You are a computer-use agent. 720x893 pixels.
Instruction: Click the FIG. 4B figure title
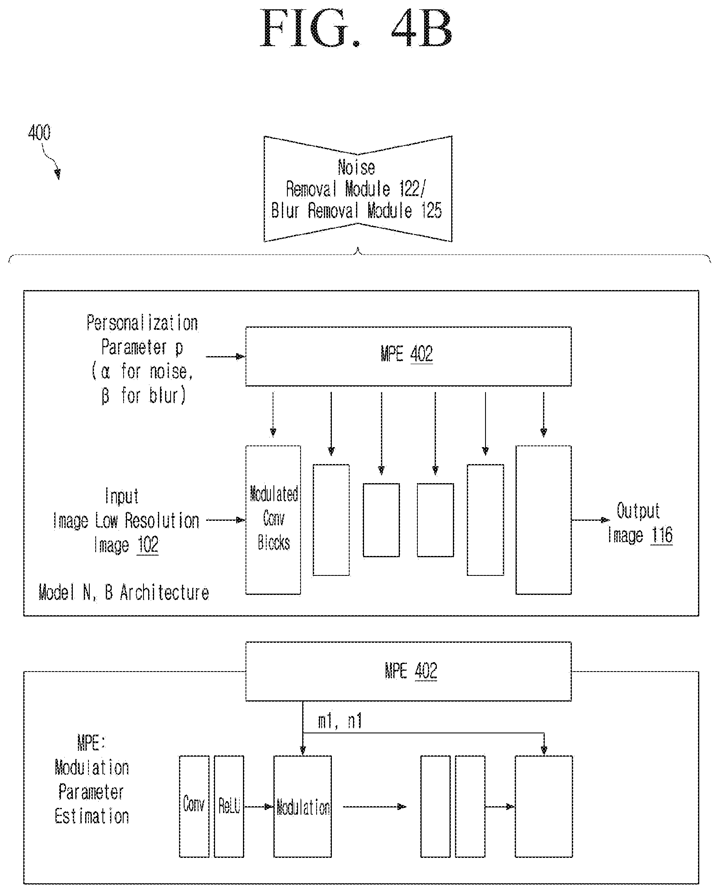357,29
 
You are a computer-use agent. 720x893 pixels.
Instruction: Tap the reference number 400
39,133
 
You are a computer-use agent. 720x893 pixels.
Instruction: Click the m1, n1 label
340,721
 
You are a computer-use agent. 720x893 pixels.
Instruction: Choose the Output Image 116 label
640,523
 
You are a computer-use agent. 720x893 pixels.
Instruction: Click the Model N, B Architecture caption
124,592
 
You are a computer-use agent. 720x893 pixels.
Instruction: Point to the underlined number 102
148,545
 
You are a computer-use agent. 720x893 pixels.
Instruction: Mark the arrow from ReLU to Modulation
259,807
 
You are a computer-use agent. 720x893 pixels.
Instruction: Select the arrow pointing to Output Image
591,520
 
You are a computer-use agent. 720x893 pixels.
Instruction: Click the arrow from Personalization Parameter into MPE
226,357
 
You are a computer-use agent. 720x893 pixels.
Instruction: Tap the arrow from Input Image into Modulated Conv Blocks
226,520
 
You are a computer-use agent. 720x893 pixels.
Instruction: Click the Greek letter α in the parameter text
106,372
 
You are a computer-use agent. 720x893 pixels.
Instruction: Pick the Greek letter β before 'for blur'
105,397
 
